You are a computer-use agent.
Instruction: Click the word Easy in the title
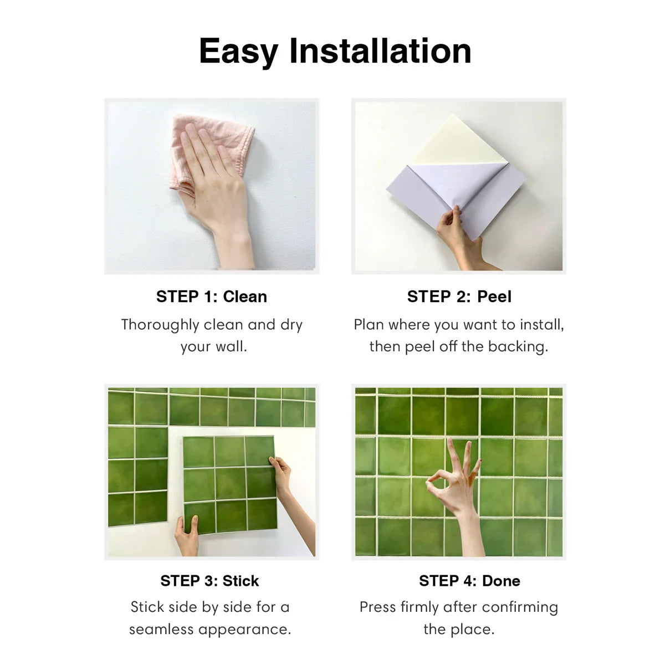point(238,52)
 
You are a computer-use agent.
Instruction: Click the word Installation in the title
point(380,50)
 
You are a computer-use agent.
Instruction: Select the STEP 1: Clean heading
point(212,296)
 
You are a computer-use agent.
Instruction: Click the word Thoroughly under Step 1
point(160,325)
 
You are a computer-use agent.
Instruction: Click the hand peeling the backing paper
point(459,238)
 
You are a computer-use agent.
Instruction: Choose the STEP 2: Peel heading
point(459,296)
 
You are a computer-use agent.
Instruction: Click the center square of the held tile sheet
point(230,483)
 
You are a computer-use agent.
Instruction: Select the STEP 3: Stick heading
point(209,581)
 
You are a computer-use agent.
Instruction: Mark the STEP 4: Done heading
point(469,581)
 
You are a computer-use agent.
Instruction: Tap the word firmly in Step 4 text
point(422,607)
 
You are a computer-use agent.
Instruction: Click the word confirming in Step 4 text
point(520,608)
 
